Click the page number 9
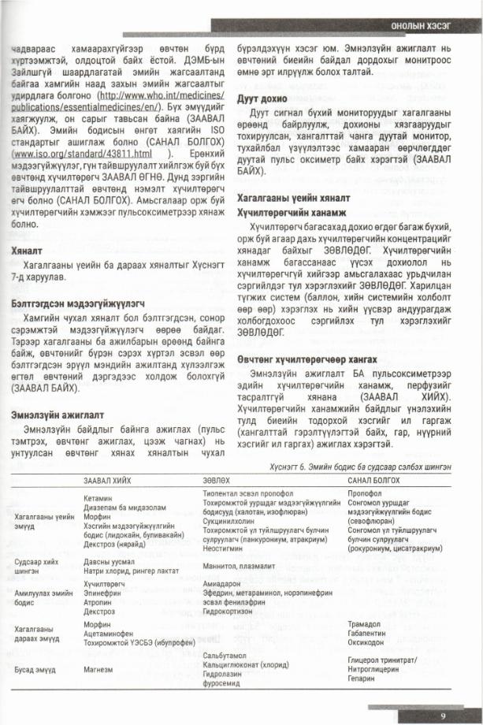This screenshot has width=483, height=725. (444, 716)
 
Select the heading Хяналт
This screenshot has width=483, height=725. (28, 250)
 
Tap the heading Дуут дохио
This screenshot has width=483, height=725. (258, 100)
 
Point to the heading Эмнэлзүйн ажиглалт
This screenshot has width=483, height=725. (51, 413)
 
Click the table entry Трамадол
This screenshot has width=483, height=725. (366, 623)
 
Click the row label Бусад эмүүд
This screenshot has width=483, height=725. (35, 669)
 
